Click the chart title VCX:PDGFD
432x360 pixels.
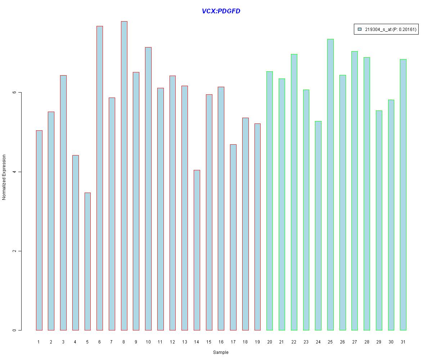point(221,11)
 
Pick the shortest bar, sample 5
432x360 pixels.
point(87,261)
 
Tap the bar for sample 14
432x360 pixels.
point(197,250)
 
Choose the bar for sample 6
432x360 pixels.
point(100,178)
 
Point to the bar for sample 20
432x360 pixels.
point(270,201)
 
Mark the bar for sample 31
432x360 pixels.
point(403,195)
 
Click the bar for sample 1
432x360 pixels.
point(39,230)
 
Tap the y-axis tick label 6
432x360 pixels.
point(15,93)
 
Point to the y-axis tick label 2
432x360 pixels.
point(15,251)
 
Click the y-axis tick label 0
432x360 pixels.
point(15,330)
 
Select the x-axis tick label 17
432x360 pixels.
point(233,342)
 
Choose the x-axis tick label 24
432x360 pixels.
point(318,342)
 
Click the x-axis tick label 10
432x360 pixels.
point(148,342)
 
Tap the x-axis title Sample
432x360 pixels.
point(221,352)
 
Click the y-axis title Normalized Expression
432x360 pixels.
point(4,177)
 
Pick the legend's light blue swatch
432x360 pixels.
point(360,30)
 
